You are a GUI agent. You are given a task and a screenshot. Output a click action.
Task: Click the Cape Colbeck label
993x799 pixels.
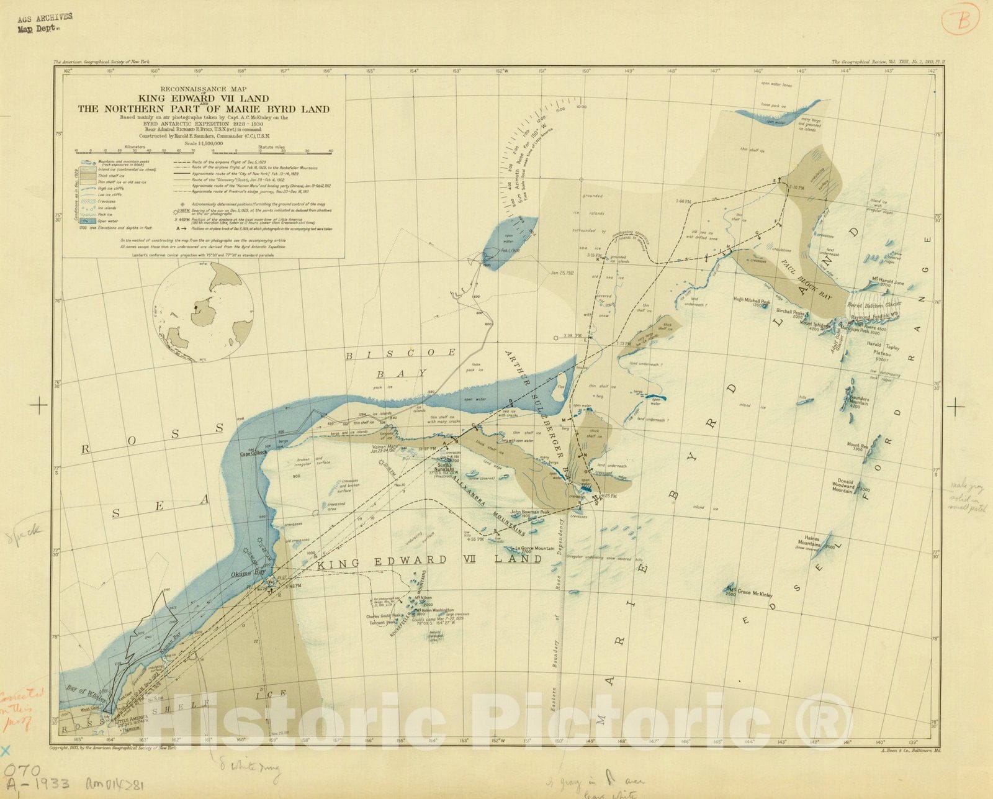pos(253,453)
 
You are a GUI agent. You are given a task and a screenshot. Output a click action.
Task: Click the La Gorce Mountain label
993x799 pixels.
pos(536,549)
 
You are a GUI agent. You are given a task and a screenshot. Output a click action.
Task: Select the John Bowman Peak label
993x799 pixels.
pos(530,513)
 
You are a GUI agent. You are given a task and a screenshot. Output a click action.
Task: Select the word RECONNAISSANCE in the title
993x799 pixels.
pos(194,89)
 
